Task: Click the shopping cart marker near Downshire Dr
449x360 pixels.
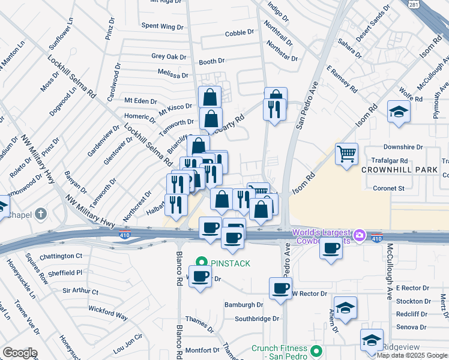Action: click(x=346, y=154)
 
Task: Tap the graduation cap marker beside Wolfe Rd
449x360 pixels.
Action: click(x=399, y=112)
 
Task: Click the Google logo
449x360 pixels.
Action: click(x=19, y=353)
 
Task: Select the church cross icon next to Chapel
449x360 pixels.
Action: click(x=40, y=214)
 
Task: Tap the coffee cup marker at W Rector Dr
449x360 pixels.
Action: click(x=280, y=289)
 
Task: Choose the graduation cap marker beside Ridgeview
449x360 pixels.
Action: click(x=372, y=340)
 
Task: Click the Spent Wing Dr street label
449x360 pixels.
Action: click(x=162, y=26)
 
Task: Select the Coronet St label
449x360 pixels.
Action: click(x=389, y=188)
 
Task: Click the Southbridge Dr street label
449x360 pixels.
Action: click(x=257, y=319)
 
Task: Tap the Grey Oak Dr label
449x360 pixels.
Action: click(x=169, y=56)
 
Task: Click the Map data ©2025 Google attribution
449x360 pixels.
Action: click(x=412, y=355)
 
